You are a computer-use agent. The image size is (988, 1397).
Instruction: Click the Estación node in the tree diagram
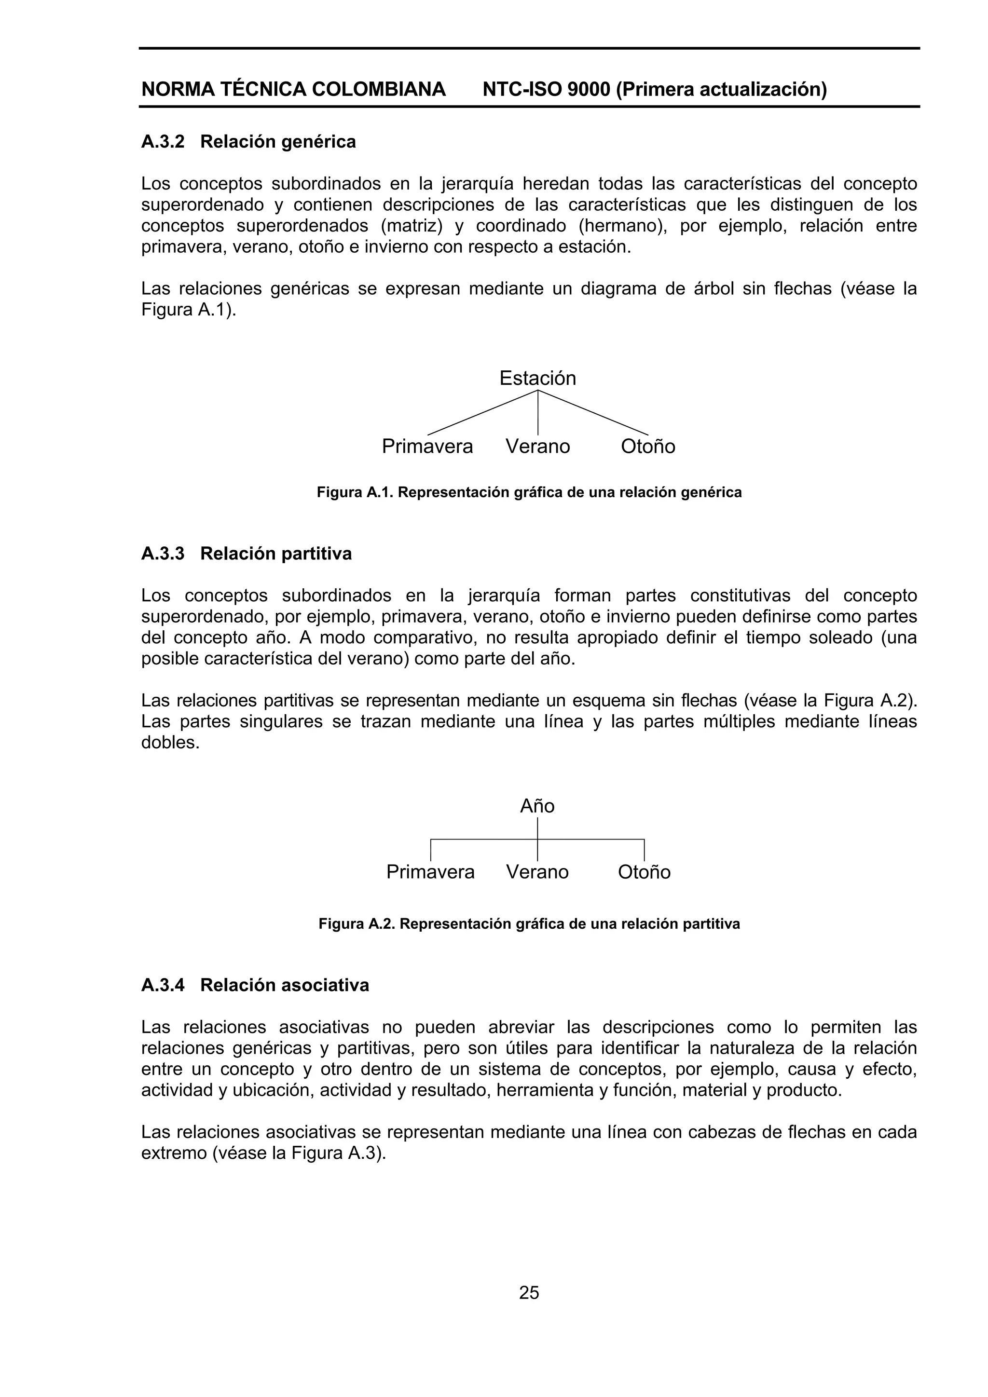point(537,379)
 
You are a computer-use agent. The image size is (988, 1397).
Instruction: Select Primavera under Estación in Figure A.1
point(427,447)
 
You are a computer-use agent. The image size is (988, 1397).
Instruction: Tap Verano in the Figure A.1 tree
point(537,447)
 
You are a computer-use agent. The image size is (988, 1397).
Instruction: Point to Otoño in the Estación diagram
point(648,447)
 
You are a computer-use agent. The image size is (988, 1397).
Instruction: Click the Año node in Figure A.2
point(537,806)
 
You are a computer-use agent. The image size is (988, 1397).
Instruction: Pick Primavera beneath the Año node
point(430,872)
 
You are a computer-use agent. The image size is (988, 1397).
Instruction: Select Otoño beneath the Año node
point(644,872)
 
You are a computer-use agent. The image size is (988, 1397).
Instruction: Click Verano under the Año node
point(537,872)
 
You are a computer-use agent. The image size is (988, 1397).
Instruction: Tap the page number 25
point(529,1292)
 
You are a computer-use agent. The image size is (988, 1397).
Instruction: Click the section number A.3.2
point(163,142)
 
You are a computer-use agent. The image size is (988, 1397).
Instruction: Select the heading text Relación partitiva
point(276,554)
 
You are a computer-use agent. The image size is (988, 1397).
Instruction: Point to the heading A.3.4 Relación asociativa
point(255,985)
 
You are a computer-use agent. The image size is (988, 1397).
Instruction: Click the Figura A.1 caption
point(529,492)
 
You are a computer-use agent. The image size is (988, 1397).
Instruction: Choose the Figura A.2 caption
point(529,923)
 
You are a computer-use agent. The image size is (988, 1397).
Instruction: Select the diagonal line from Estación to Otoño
point(593,412)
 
